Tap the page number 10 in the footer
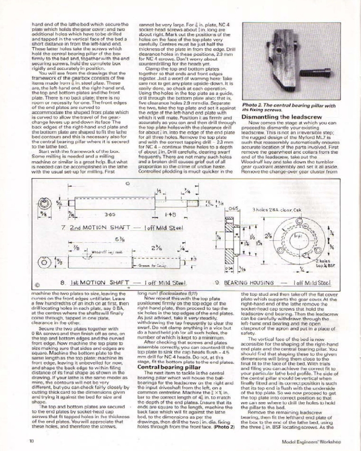32,442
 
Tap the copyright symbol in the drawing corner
37,285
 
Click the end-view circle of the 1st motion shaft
45,262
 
